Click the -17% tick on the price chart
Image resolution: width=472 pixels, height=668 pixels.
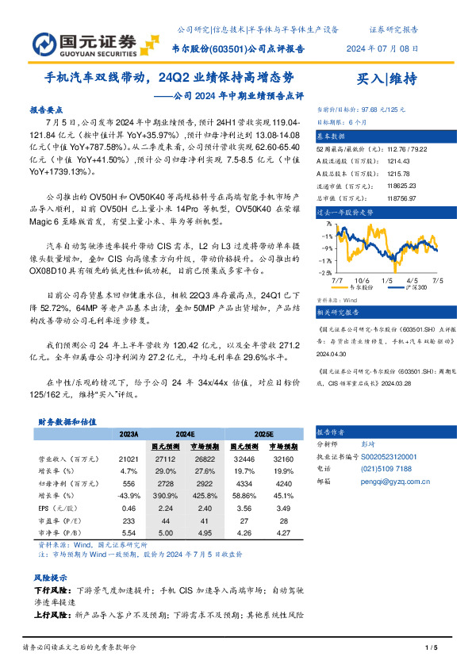point(327,260)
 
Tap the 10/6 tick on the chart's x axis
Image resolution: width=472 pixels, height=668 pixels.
point(362,280)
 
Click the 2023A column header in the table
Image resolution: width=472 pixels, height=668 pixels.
point(129,436)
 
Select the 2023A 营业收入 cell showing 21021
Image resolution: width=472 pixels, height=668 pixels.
point(129,459)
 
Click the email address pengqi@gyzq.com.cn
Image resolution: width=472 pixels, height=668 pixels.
point(394,481)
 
